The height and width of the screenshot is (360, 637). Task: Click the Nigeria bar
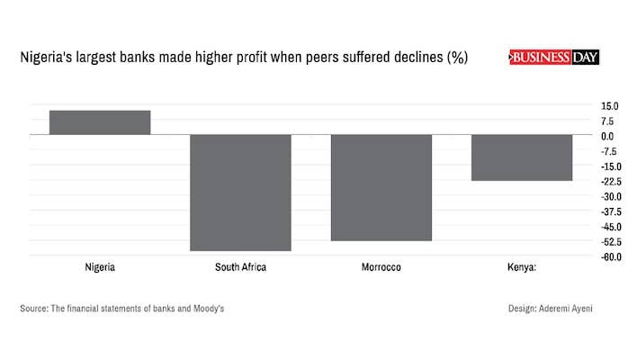pos(100,122)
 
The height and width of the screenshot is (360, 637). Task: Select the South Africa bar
pos(240,193)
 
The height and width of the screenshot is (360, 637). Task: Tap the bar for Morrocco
pos(381,188)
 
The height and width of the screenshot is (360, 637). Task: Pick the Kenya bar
pos(522,157)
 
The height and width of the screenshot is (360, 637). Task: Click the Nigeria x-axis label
pos(100,268)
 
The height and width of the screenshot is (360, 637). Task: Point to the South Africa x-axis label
pos(240,268)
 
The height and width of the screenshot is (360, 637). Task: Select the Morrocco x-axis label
pos(381,268)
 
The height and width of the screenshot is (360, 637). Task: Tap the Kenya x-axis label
pos(522,268)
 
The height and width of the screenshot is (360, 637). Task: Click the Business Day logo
pos(554,58)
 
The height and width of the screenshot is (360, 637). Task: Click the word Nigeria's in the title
pos(44,58)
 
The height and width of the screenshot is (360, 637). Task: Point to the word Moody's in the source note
pos(206,309)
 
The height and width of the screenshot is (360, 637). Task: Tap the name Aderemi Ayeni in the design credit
pos(567,309)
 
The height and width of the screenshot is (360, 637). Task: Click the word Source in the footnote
pos(33,309)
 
